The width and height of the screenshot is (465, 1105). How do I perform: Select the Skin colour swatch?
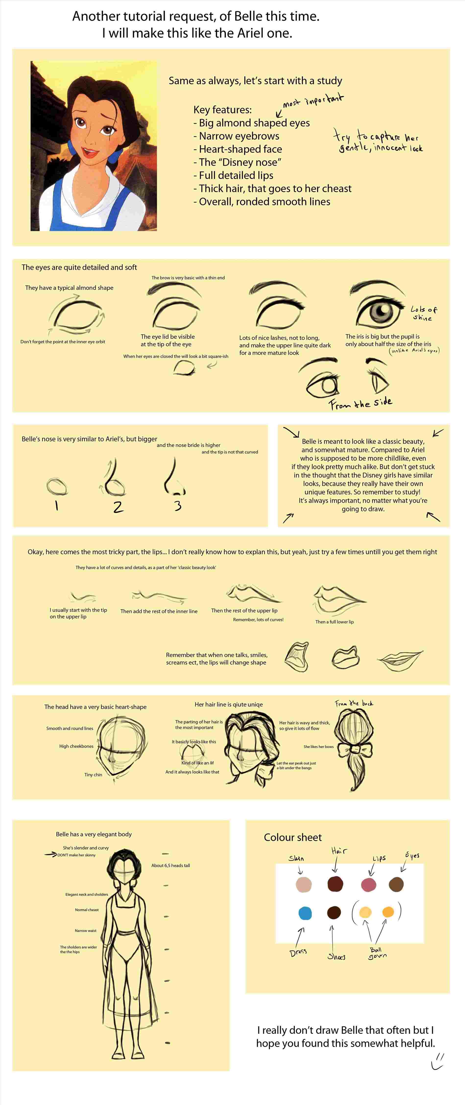point(304,884)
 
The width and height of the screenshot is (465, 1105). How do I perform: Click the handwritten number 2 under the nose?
point(118,507)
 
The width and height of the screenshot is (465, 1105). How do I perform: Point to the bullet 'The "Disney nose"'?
point(239,162)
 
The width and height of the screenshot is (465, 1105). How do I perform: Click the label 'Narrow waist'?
point(86,930)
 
